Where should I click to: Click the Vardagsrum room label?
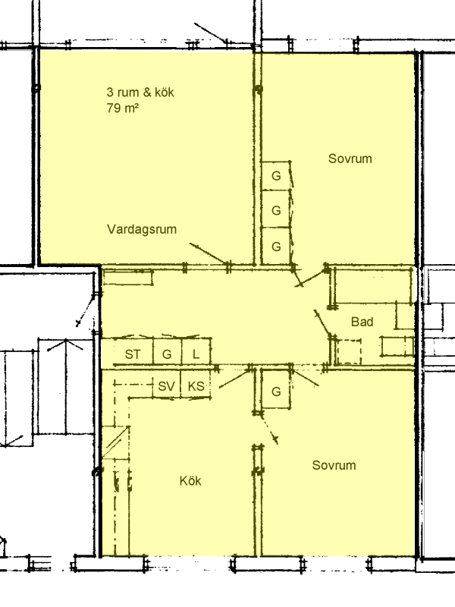coord(142,229)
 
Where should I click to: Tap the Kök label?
coord(190,481)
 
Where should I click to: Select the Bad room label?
coord(362,322)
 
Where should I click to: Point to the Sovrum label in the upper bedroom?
coord(350,159)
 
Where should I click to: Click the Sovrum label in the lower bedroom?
coord(334,465)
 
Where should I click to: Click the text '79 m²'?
coord(123,108)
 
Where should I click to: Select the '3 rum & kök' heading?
coord(140,92)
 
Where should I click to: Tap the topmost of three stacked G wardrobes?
coord(276,176)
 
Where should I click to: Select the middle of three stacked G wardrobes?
coord(276,209)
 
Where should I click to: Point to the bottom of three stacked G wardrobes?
coord(276,246)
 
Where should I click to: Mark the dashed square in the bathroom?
coord(349,352)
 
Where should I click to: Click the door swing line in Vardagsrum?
coord(209,254)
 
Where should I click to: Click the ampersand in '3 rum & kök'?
coord(147,92)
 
